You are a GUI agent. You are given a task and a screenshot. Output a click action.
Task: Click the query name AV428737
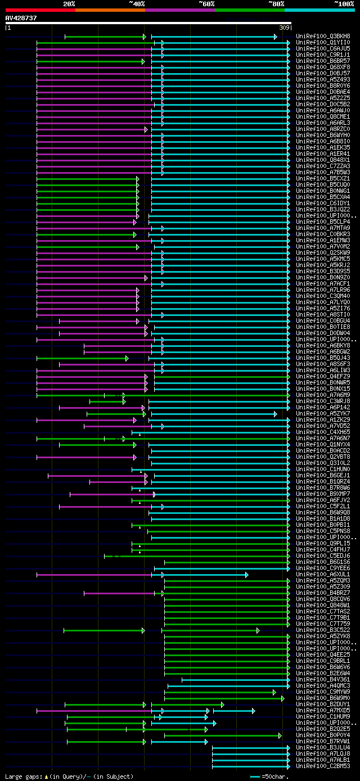tap(21, 18)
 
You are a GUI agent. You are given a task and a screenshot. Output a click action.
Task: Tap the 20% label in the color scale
tap(69, 3)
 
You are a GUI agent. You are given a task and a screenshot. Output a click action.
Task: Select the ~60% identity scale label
tap(206, 3)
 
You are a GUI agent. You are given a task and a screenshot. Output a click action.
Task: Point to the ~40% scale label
tap(137, 3)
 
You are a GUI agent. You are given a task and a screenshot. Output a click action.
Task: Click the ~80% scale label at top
tap(276, 3)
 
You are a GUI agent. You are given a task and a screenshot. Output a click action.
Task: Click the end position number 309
tap(284, 28)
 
